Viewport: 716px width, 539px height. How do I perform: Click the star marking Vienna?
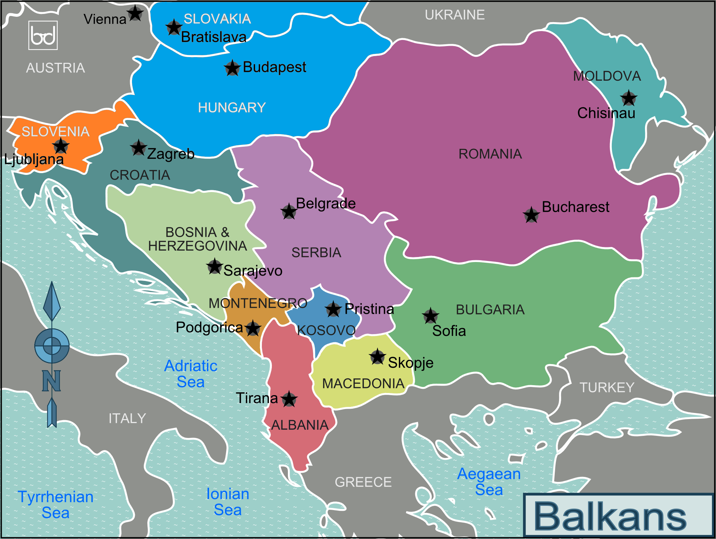tap(136, 14)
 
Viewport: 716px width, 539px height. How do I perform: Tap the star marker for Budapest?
tap(232, 68)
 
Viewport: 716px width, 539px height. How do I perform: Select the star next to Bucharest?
tap(531, 215)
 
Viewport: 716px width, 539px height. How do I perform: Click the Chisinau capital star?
tap(629, 98)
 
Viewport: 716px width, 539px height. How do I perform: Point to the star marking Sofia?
tap(430, 316)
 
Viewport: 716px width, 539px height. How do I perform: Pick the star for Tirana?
tap(289, 399)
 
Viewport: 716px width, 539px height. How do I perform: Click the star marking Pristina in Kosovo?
tap(333, 309)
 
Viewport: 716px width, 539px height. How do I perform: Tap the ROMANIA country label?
tap(490, 154)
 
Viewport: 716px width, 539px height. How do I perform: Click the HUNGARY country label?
tap(232, 107)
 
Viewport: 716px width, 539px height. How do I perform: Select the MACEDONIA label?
tap(363, 384)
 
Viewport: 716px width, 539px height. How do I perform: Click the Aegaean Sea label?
tap(489, 482)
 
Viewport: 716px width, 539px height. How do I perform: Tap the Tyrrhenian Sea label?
tap(55, 504)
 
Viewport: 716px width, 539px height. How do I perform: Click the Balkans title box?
tap(618, 515)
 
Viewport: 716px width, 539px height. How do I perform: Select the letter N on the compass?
tap(51, 381)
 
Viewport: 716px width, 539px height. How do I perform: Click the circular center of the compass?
tap(52, 346)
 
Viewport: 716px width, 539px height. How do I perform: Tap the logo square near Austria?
tap(43, 35)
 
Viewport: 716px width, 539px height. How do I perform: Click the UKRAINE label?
tap(455, 15)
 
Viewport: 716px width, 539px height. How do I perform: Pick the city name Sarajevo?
tap(253, 271)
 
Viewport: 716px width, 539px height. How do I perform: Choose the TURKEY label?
tap(607, 387)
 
